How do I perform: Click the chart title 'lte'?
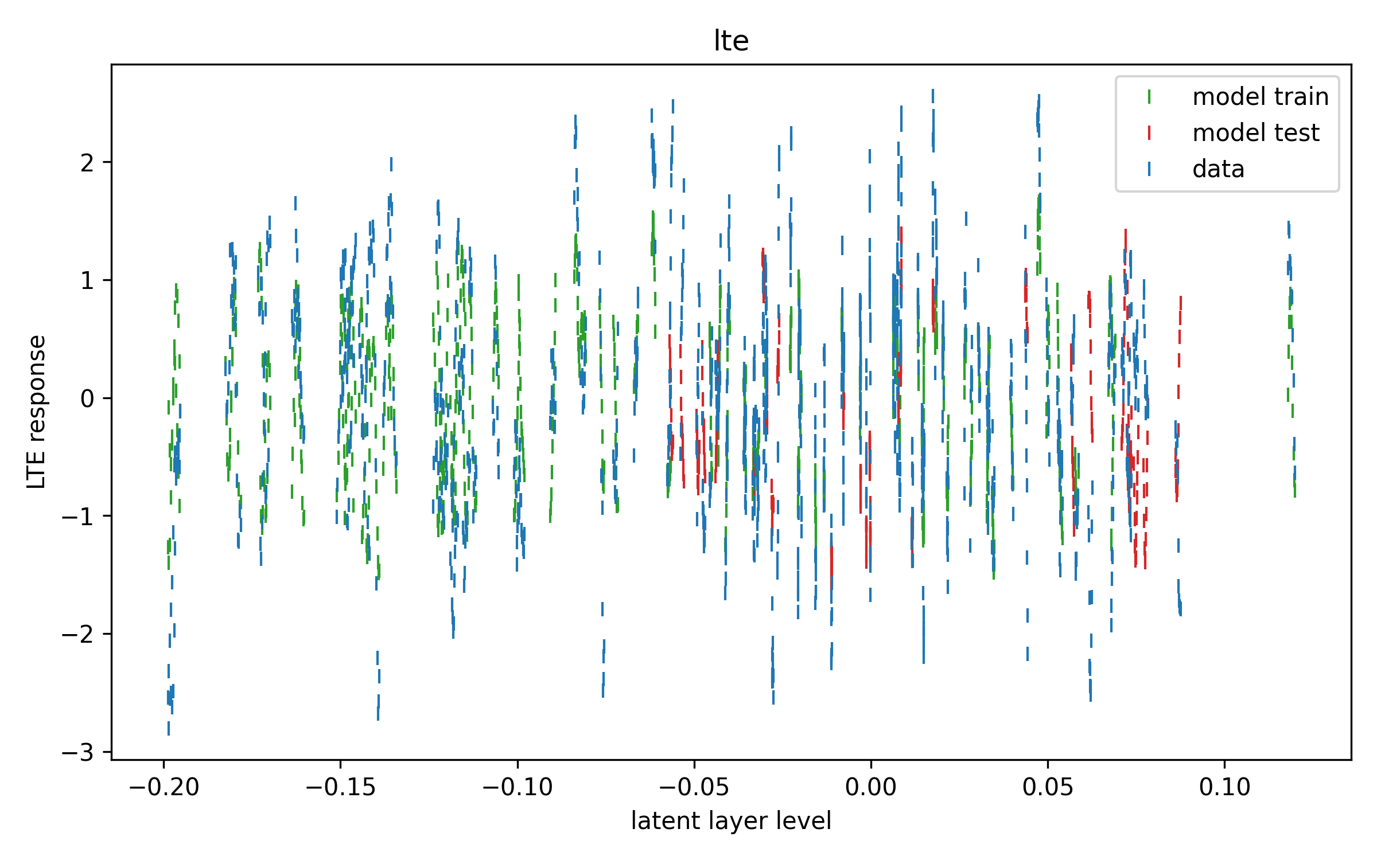731,41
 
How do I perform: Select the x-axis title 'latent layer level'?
731,821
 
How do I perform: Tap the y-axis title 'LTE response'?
37,412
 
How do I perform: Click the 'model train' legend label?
1261,96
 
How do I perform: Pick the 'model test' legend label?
1256,132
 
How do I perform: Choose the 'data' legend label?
1218,169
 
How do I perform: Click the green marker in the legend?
1149,97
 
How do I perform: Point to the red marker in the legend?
1149,133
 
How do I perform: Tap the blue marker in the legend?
1149,169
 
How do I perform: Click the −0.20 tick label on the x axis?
164,787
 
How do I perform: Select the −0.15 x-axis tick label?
340,787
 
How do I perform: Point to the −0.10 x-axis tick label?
517,787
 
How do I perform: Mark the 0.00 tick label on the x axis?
871,787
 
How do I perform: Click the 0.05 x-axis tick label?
1048,787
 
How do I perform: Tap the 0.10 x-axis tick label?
1224,787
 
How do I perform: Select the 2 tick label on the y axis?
87,163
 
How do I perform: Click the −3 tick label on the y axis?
78,752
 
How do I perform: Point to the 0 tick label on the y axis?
87,398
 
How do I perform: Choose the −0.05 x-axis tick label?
694,787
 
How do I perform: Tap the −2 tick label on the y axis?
78,634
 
